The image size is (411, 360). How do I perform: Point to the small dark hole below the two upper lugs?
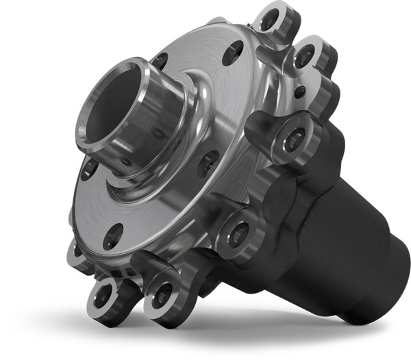coord(299,90)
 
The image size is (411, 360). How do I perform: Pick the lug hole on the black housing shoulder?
coord(292,140)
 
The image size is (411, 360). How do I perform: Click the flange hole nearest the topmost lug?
coord(233,52)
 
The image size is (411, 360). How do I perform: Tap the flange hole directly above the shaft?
coord(160,62)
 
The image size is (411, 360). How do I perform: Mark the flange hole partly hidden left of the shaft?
coord(88,168)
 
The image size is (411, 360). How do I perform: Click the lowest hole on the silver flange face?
coord(112,235)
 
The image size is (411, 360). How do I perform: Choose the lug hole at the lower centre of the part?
coord(238,233)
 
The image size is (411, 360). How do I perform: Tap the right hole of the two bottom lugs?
coord(162,294)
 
